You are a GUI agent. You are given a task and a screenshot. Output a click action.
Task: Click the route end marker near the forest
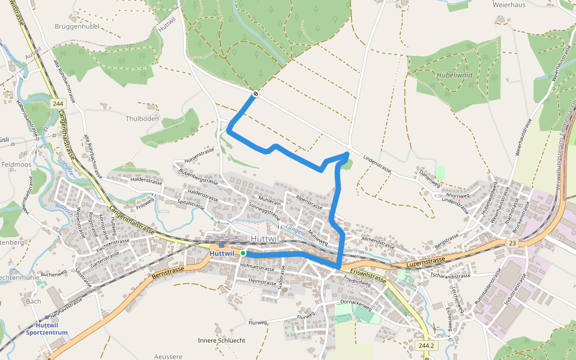click(256, 94)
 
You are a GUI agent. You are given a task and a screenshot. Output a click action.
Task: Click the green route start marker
click(243, 253)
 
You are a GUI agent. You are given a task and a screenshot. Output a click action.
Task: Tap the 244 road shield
click(58, 104)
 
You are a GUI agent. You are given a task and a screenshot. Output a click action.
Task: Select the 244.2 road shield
click(427, 346)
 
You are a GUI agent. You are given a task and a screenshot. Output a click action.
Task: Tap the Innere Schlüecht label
click(221, 340)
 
